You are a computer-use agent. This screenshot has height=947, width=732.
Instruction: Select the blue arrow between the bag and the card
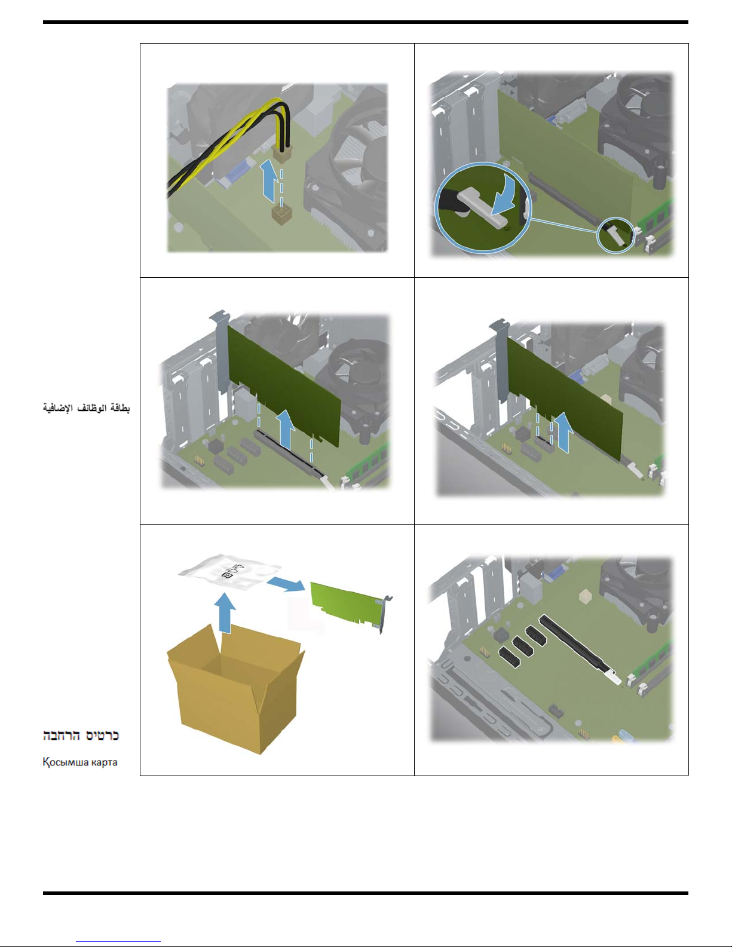coord(286,584)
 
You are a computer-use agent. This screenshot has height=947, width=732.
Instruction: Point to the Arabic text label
coord(86,408)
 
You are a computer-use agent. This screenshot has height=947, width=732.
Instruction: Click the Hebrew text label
coord(81,735)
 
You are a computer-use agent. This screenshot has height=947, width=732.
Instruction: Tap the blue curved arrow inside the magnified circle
coord(506,195)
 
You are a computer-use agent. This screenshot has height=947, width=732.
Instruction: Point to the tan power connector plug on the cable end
coord(282,155)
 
